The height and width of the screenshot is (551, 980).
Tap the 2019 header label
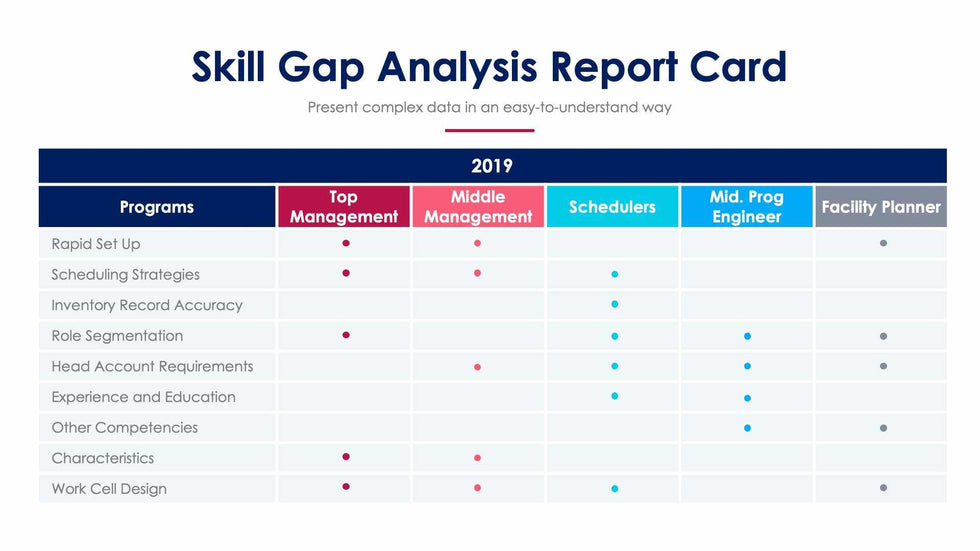(492, 166)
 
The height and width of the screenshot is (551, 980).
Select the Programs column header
(157, 207)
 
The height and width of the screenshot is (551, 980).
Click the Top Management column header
(344, 207)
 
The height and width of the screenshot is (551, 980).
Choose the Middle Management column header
(478, 207)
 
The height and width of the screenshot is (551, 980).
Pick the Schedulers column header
(612, 207)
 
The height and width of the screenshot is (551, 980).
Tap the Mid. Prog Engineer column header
(746, 207)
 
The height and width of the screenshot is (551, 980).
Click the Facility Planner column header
(881, 207)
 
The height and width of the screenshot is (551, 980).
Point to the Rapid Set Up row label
(96, 244)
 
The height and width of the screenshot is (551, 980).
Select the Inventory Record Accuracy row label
(147, 305)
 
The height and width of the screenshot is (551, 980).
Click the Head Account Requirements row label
(152, 366)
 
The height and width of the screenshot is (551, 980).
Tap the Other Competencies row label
(125, 427)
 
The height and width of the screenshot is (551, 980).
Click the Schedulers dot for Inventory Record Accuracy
(614, 304)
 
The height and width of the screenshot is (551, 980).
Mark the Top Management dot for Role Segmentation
(346, 335)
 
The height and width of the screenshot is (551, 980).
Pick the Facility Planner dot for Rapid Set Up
(883, 243)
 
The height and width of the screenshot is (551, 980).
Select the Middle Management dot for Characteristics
(477, 458)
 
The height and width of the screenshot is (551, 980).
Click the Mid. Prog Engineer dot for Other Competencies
(747, 428)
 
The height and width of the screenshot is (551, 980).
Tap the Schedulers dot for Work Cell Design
(614, 489)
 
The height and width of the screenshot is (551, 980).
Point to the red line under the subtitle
(489, 130)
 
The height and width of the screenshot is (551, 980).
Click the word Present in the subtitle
(332, 107)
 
